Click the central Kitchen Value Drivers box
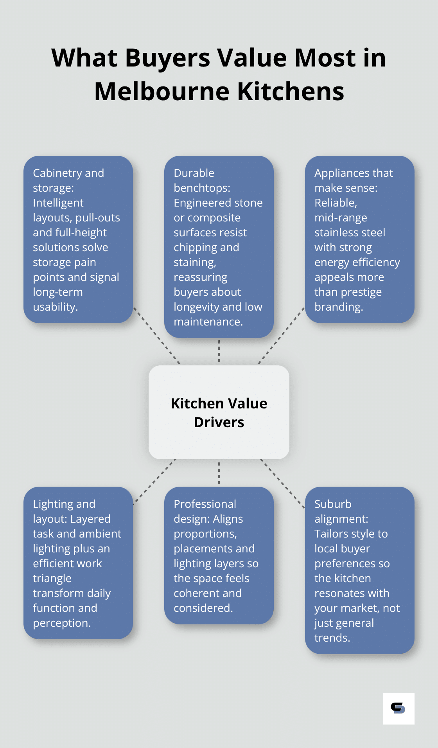pyautogui.click(x=219, y=412)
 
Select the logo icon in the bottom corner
pyautogui.click(x=398, y=708)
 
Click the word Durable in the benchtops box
pyautogui.click(x=194, y=173)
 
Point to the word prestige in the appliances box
pyautogui.click(x=361, y=292)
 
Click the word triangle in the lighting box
pyautogui.click(x=52, y=578)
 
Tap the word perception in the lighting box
pyautogui.click(x=61, y=623)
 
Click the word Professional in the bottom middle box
pyautogui.click(x=205, y=504)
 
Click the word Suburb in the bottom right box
pyautogui.click(x=333, y=504)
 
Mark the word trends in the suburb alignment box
pyautogui.click(x=332, y=638)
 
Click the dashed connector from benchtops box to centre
pyautogui.click(x=219, y=351)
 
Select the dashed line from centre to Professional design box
pyautogui.click(x=219, y=473)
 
